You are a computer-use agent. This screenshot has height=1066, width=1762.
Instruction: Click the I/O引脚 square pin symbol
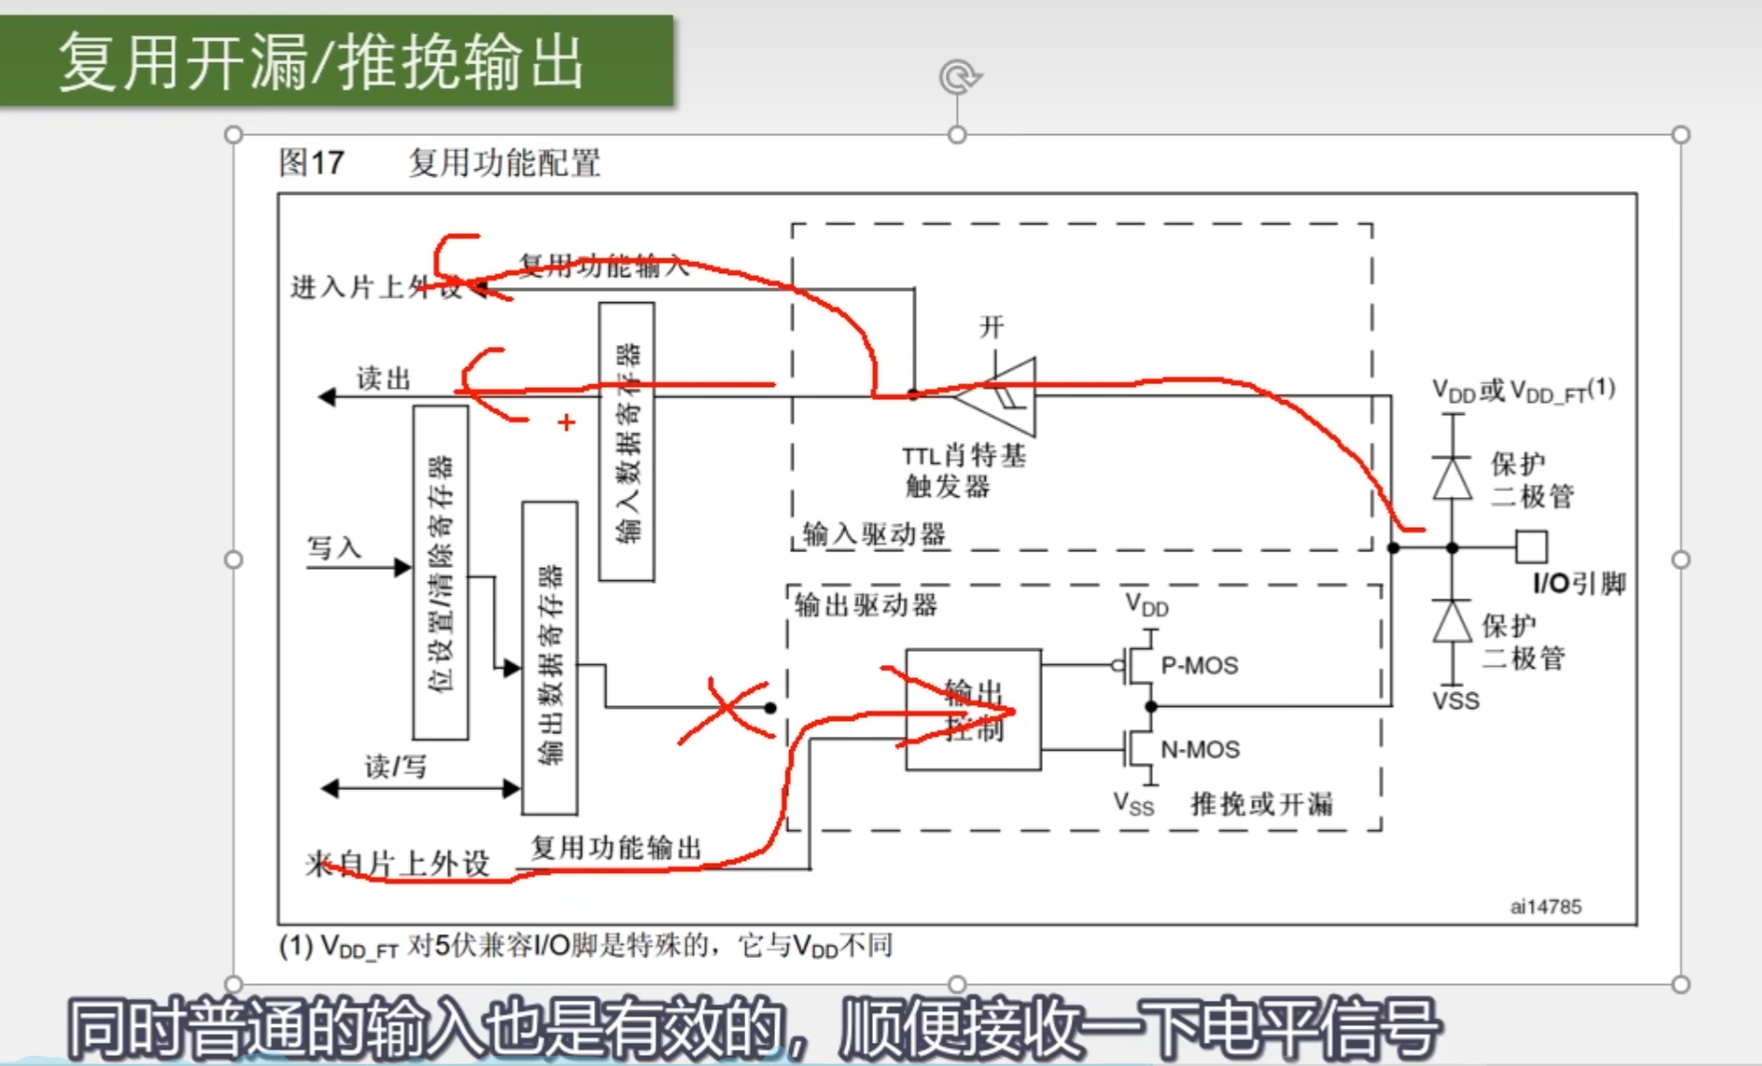tap(1531, 547)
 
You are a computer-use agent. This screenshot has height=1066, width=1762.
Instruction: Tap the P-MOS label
tap(1199, 666)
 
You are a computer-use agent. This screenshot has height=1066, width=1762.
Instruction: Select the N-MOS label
tap(1200, 750)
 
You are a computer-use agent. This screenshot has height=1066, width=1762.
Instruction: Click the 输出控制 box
tap(973, 710)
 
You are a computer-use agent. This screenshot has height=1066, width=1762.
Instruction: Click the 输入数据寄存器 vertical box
tap(627, 441)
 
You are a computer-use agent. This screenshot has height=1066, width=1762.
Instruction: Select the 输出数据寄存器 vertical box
tap(549, 658)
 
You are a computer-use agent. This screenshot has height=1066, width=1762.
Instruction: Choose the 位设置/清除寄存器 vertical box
tap(440, 573)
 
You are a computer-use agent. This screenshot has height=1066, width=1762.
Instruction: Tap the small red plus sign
tap(566, 422)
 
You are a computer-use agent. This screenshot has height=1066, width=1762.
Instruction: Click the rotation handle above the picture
tap(958, 76)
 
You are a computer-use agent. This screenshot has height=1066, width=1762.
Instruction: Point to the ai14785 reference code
tap(1546, 907)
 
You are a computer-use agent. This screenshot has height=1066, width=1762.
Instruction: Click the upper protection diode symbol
tap(1452, 478)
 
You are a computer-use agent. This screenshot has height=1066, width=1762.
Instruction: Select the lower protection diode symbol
tap(1452, 621)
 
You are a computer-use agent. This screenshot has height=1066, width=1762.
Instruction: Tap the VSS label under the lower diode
tap(1455, 701)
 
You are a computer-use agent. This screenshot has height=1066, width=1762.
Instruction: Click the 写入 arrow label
tap(334, 547)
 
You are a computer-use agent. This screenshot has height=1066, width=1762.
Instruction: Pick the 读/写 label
tap(395, 767)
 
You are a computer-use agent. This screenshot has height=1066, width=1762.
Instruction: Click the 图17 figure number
tap(312, 163)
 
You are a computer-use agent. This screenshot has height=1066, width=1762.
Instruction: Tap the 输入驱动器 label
tap(874, 534)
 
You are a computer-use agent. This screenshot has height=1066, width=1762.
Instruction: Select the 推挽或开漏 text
tap(1261, 804)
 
